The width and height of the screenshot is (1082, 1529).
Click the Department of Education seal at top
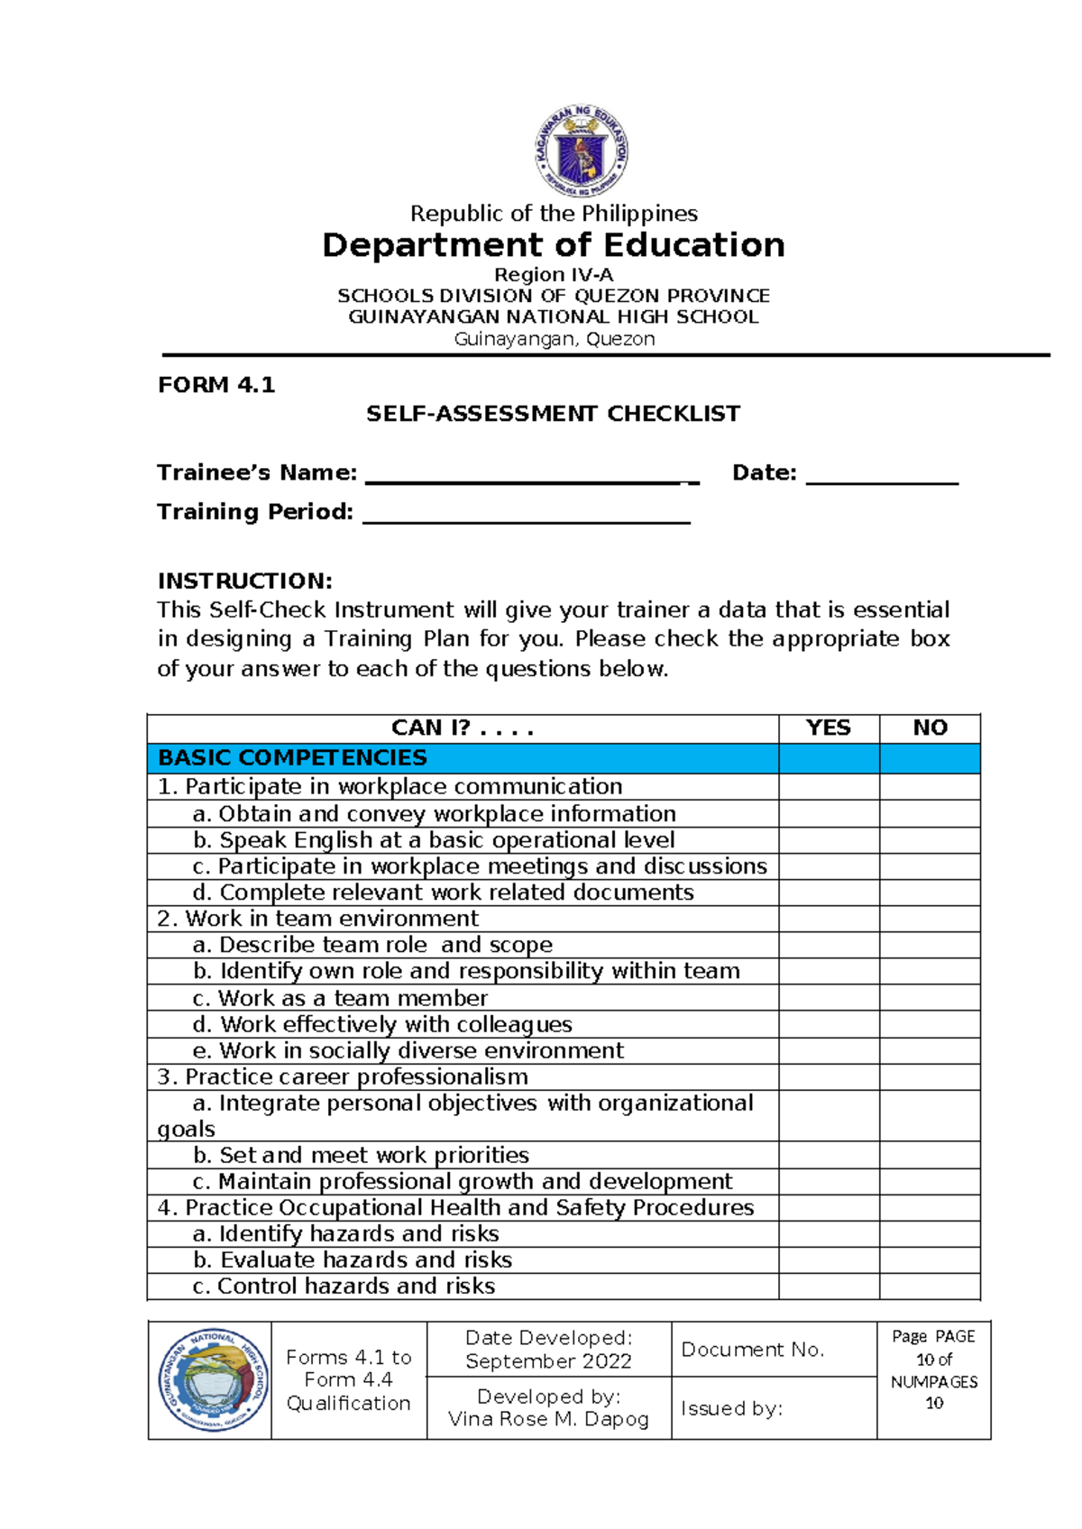582,151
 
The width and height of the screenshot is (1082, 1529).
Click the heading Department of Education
553,245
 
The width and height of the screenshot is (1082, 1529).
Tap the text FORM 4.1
215,385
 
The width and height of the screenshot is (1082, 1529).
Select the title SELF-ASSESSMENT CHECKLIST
553,414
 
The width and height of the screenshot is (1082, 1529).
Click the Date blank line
881,476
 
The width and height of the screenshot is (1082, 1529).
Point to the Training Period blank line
526,515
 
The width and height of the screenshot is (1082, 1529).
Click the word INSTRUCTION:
244,581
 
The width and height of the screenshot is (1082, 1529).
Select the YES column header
828,728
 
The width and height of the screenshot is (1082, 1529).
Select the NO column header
930,728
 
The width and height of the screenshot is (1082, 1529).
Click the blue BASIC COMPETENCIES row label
292,757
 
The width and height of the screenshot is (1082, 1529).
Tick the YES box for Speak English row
828,840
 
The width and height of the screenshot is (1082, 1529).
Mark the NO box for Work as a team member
930,998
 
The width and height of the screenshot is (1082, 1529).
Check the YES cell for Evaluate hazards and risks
828,1259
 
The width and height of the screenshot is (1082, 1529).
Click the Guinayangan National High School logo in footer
212,1379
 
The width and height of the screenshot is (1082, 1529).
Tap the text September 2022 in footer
548,1361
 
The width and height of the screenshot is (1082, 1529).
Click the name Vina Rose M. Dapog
548,1419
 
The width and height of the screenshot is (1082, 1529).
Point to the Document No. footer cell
753,1350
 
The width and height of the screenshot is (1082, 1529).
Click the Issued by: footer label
731,1408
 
